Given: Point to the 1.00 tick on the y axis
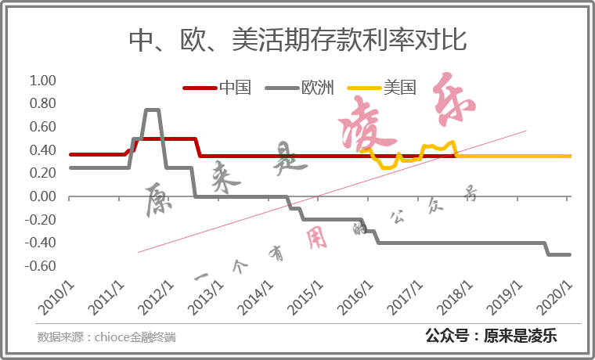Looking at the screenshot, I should (x=43, y=81).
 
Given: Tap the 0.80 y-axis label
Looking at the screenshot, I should (x=43, y=103).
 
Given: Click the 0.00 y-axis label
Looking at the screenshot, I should (x=43, y=196).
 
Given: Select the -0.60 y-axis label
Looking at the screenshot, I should (x=41, y=266).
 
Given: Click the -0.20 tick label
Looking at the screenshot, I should (x=41, y=220).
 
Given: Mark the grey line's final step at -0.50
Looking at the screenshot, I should (x=559, y=254).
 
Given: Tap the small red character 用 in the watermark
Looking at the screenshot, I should (x=316, y=240).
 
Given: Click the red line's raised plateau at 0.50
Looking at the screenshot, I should (x=168, y=139).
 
